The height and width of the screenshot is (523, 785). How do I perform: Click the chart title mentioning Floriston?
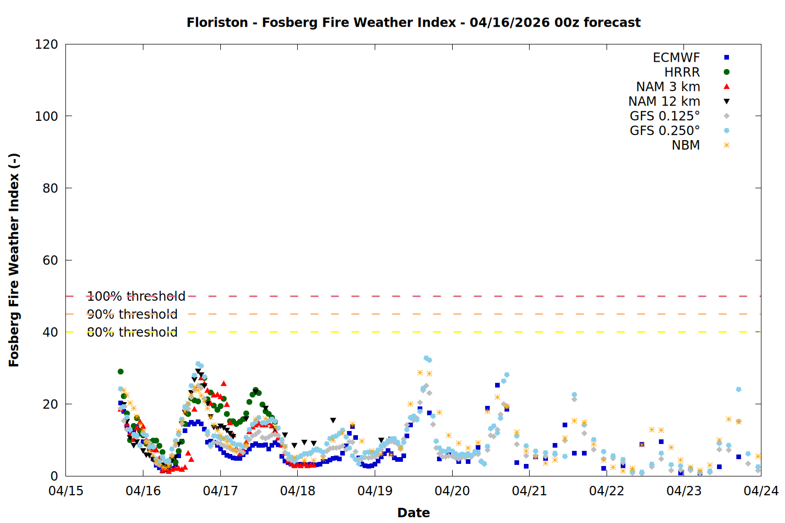click(x=413, y=22)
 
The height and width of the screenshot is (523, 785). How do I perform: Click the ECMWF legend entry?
click(x=676, y=58)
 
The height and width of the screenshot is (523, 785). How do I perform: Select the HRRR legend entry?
click(x=682, y=72)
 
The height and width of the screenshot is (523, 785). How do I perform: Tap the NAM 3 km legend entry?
click(x=668, y=87)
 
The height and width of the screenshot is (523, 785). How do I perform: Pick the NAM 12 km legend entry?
click(x=664, y=101)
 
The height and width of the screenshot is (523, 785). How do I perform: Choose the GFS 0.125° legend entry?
click(x=665, y=116)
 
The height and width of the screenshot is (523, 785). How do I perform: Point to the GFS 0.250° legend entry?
click(x=665, y=131)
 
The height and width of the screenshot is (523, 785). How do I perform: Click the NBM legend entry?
click(x=686, y=145)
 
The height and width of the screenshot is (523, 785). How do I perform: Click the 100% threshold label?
click(x=136, y=297)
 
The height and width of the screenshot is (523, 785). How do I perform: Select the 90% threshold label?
click(x=132, y=314)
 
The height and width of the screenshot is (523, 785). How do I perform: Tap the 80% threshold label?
click(x=132, y=332)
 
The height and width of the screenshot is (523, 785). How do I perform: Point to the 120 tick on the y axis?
click(x=47, y=44)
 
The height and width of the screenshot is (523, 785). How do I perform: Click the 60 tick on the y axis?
click(x=50, y=260)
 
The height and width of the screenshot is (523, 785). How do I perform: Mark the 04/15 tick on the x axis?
click(x=66, y=491)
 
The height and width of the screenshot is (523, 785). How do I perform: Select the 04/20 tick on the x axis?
click(x=452, y=491)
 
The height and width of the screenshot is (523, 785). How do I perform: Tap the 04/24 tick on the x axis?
click(x=761, y=491)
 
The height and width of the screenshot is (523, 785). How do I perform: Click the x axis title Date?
click(x=413, y=513)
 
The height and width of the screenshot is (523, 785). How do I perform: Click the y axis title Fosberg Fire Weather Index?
click(x=14, y=260)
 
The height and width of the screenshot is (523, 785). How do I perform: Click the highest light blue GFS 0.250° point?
click(x=426, y=358)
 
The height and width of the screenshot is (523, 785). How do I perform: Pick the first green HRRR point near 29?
click(x=120, y=371)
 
